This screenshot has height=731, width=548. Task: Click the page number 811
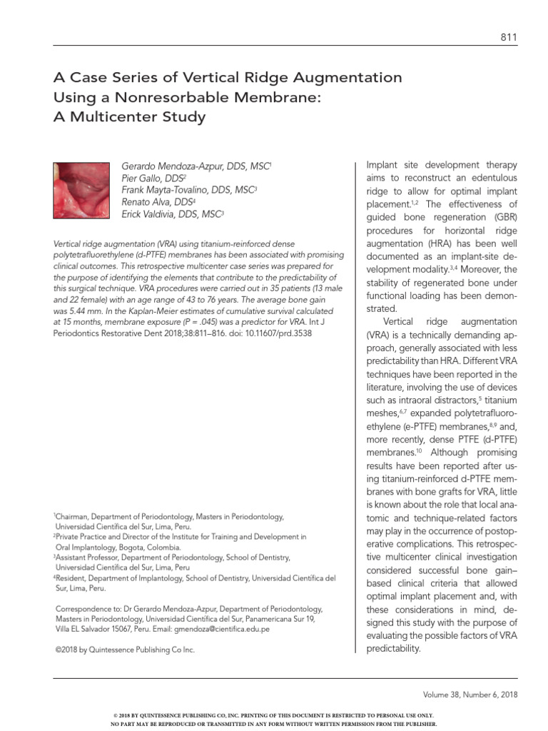[x=509, y=38]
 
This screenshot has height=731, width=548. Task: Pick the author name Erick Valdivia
[x=146, y=213]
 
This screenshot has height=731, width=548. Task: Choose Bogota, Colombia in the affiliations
[x=151, y=547]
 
